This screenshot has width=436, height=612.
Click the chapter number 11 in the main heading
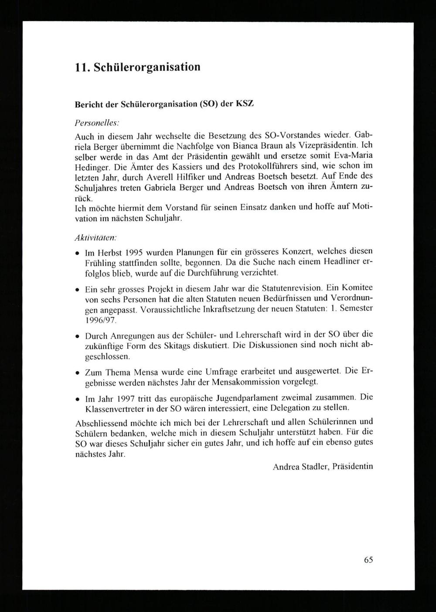pos(81,67)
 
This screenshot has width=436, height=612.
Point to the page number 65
pos(368,560)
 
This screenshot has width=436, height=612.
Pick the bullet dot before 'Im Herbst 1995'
pos(78,253)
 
